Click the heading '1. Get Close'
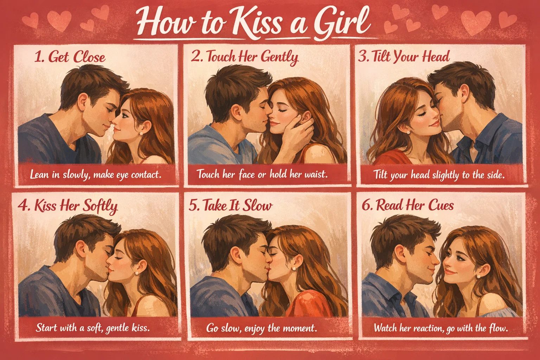pyautogui.click(x=70, y=57)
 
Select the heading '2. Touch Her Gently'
pyautogui.click(x=245, y=57)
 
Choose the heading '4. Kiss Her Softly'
pyautogui.click(x=67, y=206)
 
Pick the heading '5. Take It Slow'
pyautogui.click(x=231, y=206)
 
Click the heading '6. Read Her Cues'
pyautogui.click(x=408, y=205)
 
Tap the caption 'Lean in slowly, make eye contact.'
pyautogui.click(x=96, y=174)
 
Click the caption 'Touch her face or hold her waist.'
pyautogui.click(x=262, y=174)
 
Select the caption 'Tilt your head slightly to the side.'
pyautogui.click(x=439, y=175)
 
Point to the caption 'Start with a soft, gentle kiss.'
pyautogui.click(x=93, y=328)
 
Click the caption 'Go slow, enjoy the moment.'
pyautogui.click(x=262, y=328)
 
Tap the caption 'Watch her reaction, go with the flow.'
pyautogui.click(x=441, y=328)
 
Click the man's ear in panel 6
pyautogui.click(x=400, y=251)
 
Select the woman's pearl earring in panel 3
pyautogui.click(x=409, y=132)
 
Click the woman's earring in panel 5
pyautogui.click(x=294, y=269)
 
